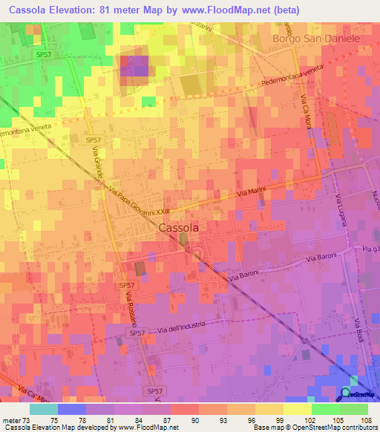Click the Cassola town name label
pos(178,229)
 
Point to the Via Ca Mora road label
pos(305,111)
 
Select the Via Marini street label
pos(251,192)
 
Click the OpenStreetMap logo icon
pos(346,393)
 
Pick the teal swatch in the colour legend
pos(43,408)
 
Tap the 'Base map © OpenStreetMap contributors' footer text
pos(314,428)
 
